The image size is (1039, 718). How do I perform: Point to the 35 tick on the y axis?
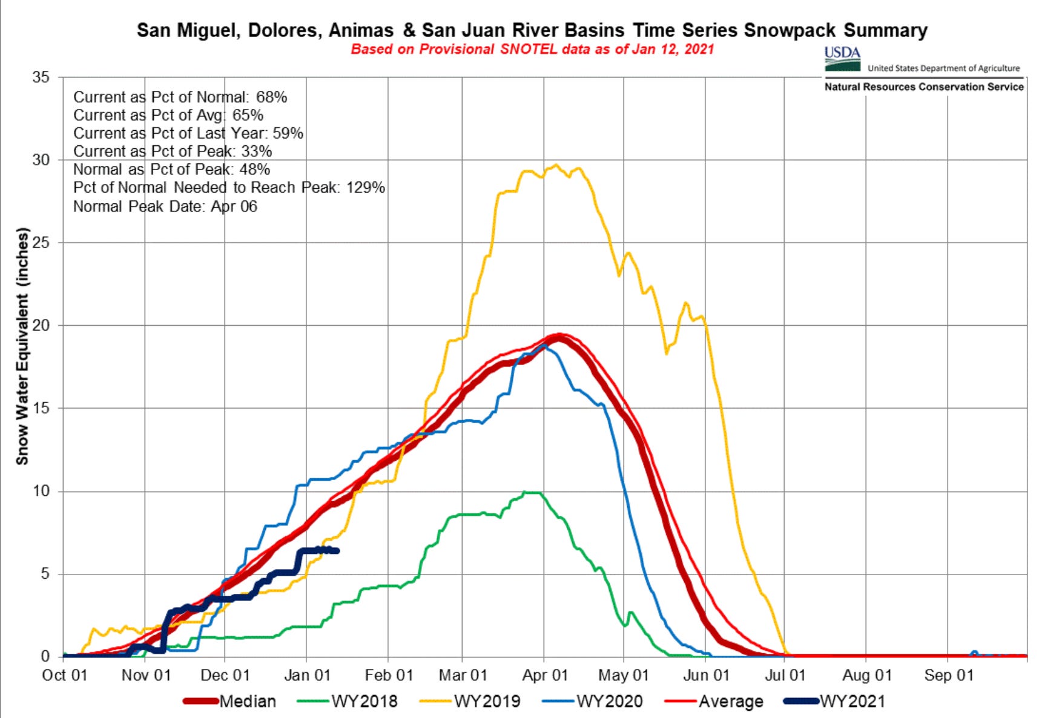click(41, 77)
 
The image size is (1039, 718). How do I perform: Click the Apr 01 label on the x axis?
click(545, 675)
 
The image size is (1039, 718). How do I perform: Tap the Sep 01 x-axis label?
click(948, 675)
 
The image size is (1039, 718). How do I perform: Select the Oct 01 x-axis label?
click(64, 675)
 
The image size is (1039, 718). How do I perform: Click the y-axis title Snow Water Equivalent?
click(22, 346)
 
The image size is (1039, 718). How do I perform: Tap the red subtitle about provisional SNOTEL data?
click(532, 49)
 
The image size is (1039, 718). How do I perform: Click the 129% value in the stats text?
click(366, 188)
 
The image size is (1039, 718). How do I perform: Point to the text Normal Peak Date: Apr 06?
click(165, 206)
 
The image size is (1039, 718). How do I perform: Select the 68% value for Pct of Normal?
click(271, 97)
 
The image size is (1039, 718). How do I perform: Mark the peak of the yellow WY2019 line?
click(556, 165)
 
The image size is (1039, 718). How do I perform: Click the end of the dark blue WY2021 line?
click(337, 550)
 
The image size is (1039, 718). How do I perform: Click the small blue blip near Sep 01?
click(974, 653)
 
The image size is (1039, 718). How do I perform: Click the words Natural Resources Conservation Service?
click(923, 87)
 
